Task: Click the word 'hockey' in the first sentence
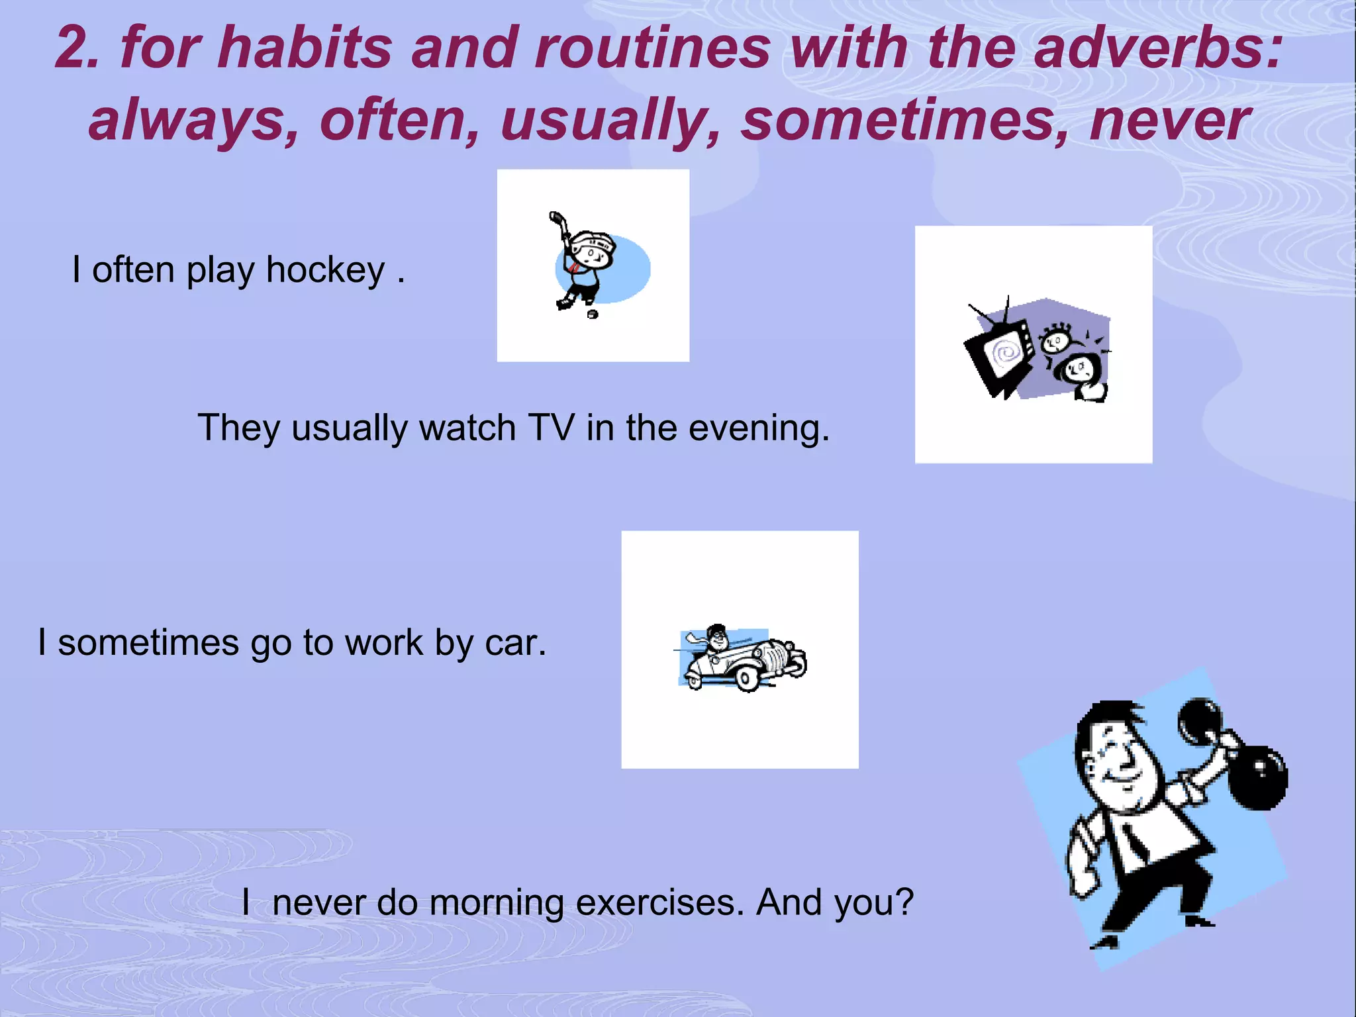[326, 270]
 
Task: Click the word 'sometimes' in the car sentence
[148, 642]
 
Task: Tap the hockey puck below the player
[593, 314]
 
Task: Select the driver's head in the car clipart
[716, 638]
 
